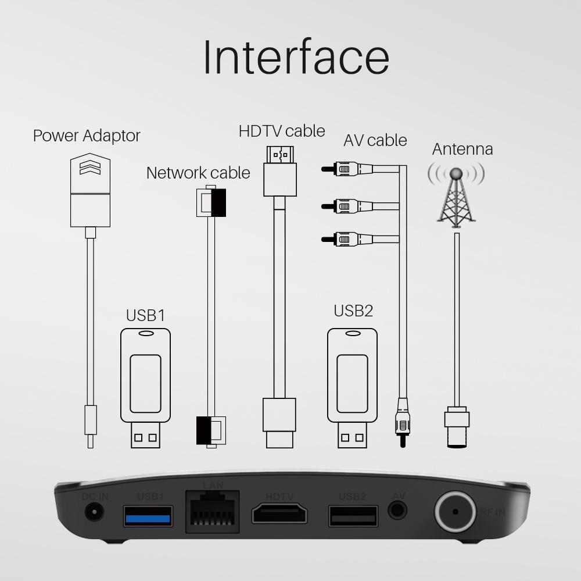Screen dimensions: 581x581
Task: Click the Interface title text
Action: [296, 56]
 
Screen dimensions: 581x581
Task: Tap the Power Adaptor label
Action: [87, 136]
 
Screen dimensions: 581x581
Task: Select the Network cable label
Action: [198, 173]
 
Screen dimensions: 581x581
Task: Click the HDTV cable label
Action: [282, 131]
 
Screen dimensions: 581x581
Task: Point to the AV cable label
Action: [375, 140]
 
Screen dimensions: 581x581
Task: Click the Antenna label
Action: [462, 149]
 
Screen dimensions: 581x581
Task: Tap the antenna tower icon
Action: [456, 195]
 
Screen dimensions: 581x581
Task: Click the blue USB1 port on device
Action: [148, 515]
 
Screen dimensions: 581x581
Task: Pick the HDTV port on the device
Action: [279, 514]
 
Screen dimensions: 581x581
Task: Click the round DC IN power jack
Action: [94, 512]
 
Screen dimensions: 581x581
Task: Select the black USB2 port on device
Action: [353, 515]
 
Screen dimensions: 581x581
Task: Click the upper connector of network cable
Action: [211, 202]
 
